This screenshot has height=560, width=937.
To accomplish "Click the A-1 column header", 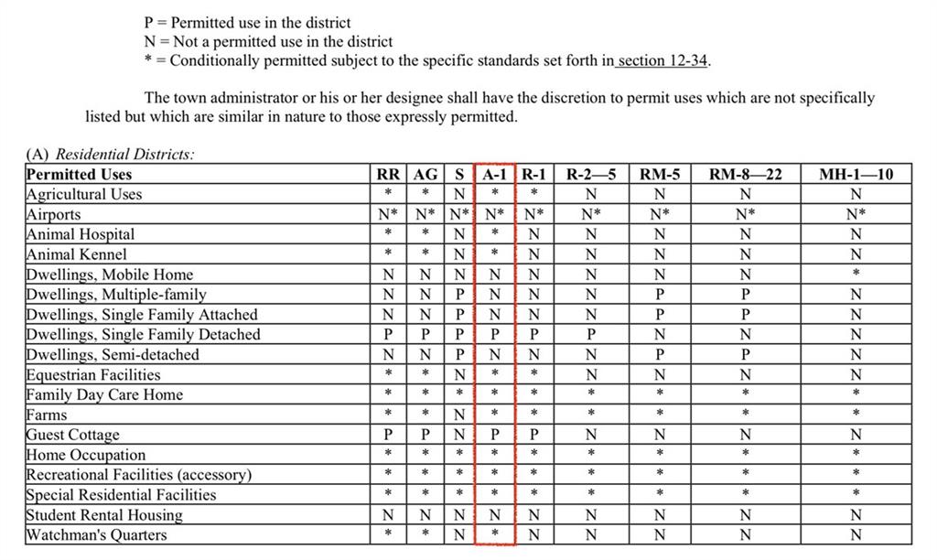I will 494,174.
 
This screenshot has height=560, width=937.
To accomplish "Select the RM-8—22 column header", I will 746,174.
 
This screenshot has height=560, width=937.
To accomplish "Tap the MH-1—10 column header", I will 856,174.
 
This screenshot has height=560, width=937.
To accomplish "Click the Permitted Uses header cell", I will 80,174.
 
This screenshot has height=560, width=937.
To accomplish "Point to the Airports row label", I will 54,214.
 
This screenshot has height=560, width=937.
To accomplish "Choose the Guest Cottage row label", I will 73,435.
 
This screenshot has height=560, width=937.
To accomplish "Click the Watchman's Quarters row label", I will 97,535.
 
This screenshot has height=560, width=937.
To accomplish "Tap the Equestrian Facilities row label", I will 93,375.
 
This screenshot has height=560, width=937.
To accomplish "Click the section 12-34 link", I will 663,61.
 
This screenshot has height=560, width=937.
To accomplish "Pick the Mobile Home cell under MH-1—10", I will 856,275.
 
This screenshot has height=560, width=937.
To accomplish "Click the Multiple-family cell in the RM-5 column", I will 659,295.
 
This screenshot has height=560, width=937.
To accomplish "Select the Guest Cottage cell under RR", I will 388,435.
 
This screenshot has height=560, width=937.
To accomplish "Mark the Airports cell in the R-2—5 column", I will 591,214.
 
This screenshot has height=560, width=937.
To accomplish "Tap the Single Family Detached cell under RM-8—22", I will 746,335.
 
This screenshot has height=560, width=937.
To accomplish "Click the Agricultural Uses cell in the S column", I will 459,194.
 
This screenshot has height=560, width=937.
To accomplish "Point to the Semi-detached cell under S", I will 459,355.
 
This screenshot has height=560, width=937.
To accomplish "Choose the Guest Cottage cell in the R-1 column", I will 534,435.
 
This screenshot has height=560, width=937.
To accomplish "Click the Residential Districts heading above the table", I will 110,155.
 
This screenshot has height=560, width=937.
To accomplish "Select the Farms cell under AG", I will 425,415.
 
